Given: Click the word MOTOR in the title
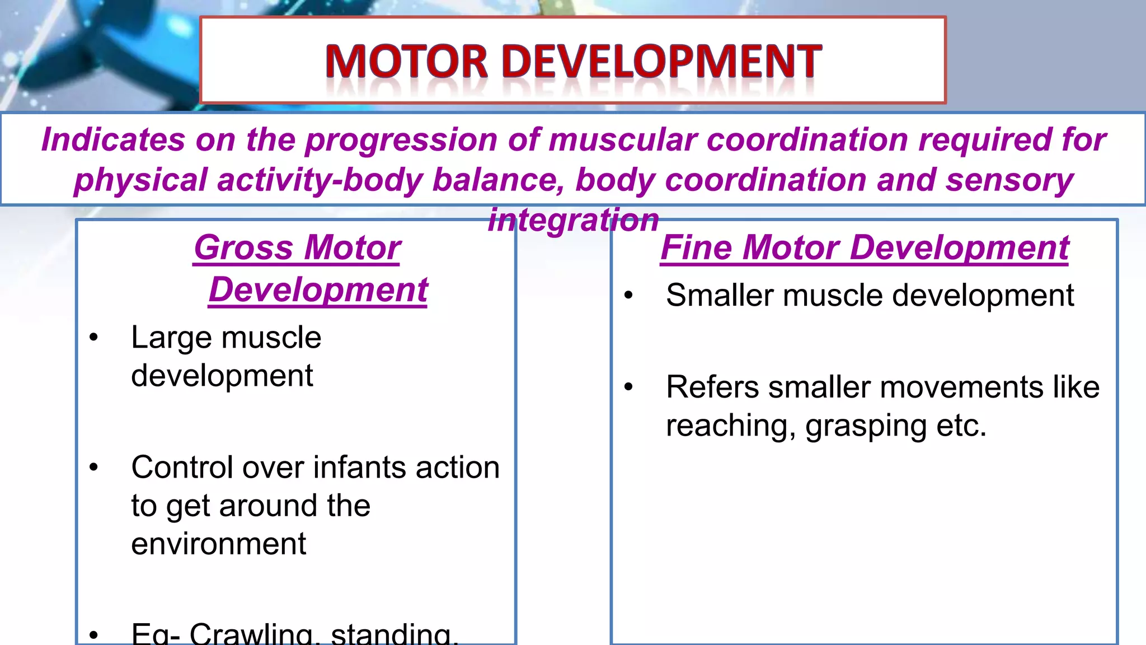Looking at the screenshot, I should (407, 62).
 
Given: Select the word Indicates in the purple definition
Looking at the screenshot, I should (113, 139).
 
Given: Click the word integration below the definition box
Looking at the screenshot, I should (574, 220).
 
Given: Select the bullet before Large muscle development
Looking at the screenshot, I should (93, 338).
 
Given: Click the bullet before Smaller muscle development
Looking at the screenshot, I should (628, 295).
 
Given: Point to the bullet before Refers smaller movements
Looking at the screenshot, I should (628, 387).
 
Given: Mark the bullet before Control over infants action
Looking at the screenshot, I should (93, 468).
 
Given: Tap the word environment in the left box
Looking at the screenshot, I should (218, 544).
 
